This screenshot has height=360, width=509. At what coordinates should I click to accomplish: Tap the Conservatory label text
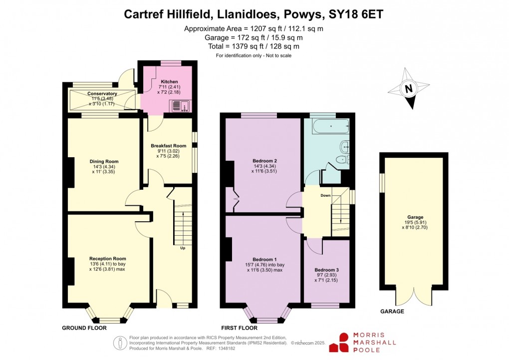[x=102, y=93]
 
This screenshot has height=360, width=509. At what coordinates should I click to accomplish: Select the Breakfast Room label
[x=169, y=146]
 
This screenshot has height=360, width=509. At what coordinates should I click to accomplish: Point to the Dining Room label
[x=104, y=161]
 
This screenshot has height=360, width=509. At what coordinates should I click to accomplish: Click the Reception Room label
[x=104, y=259]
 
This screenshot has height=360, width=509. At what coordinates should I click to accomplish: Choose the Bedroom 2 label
[x=264, y=161]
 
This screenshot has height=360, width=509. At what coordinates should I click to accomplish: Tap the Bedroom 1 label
[x=264, y=259]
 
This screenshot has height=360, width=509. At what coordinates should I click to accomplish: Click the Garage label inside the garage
[x=415, y=217]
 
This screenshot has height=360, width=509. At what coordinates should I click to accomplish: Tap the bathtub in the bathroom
[x=329, y=127]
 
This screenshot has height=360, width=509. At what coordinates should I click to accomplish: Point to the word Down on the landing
[x=325, y=195]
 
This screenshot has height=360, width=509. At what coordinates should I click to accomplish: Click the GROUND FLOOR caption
[x=84, y=328]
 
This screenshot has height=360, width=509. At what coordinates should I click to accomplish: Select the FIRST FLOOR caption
[x=241, y=328]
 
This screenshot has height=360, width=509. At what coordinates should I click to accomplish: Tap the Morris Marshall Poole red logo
[x=343, y=343]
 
